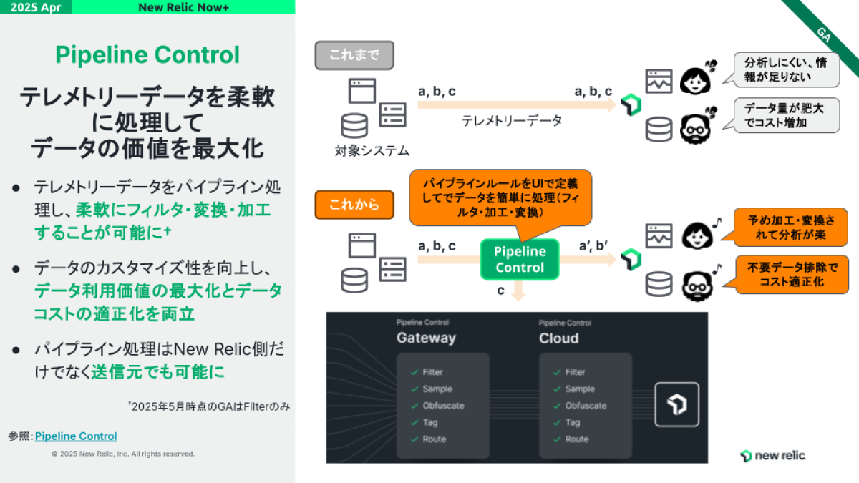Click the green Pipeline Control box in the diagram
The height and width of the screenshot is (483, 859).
pos(520,259)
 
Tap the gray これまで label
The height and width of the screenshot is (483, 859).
pos(354,54)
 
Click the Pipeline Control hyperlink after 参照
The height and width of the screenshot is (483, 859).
pos(76,436)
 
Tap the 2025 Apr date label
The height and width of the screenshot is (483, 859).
pos(35,7)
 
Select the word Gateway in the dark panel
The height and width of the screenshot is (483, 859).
pos(426,338)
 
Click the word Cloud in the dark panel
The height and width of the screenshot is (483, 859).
pos(558,338)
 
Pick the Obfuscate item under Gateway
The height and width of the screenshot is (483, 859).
pos(443,406)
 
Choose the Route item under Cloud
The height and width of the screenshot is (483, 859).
pos(576,439)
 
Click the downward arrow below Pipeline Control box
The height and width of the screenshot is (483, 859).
pos(520,291)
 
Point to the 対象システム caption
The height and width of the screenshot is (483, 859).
pos(372,151)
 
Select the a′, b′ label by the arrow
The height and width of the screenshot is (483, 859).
pos(593,246)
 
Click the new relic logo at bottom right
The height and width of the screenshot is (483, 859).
pos(772,456)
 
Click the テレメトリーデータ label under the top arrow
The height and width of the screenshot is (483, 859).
pos(512,121)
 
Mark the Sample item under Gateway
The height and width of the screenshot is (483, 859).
pos(437,389)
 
